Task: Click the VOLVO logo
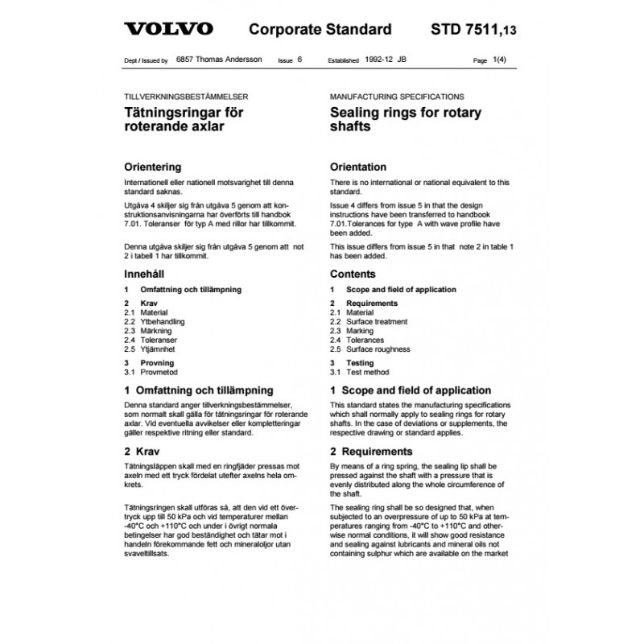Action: tap(169, 29)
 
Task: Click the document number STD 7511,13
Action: tap(470, 30)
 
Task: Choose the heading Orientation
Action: tap(358, 167)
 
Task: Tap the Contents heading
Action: tap(353, 275)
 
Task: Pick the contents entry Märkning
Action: tap(159, 331)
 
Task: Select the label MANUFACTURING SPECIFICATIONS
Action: tap(397, 96)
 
